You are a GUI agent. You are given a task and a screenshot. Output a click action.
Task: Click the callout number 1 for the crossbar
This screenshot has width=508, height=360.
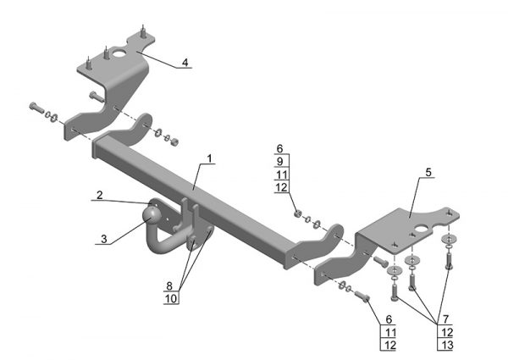(210, 158)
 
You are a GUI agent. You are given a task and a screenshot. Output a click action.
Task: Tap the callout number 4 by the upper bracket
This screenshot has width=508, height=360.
(185, 62)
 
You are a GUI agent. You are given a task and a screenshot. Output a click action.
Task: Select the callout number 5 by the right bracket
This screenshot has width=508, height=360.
(428, 173)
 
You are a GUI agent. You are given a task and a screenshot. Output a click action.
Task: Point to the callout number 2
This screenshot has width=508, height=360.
(99, 195)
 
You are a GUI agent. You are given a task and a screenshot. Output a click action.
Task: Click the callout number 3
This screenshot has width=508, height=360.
(103, 239)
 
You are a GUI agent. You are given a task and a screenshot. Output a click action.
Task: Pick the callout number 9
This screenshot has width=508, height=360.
(280, 162)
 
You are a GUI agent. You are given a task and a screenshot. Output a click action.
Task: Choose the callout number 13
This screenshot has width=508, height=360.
(447, 345)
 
